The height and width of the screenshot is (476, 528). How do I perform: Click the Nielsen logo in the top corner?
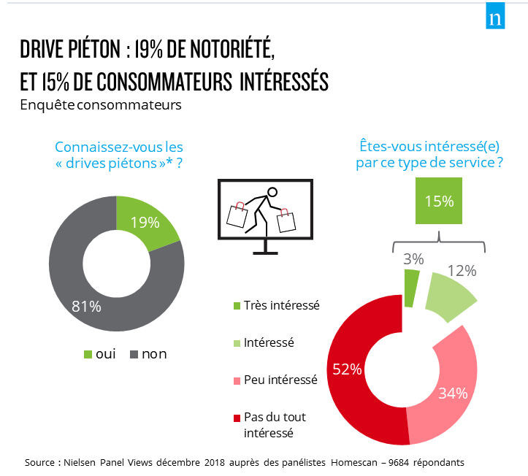(497, 18)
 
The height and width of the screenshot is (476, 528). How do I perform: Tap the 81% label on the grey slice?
(86, 306)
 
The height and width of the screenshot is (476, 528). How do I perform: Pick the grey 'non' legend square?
(134, 355)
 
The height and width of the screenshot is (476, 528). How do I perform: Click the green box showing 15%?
(438, 201)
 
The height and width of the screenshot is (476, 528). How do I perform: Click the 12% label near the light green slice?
(462, 271)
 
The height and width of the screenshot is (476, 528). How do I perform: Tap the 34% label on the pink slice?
(452, 394)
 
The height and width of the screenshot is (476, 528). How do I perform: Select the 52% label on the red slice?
(347, 369)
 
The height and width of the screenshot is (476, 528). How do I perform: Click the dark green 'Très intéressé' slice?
(411, 286)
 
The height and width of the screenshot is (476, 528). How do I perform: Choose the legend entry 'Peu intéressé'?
(280, 380)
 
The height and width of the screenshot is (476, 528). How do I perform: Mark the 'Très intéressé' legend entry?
(281, 305)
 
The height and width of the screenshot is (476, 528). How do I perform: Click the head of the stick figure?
(272, 193)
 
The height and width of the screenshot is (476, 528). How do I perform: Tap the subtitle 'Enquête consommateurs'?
(100, 105)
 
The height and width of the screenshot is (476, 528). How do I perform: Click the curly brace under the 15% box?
(438, 239)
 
